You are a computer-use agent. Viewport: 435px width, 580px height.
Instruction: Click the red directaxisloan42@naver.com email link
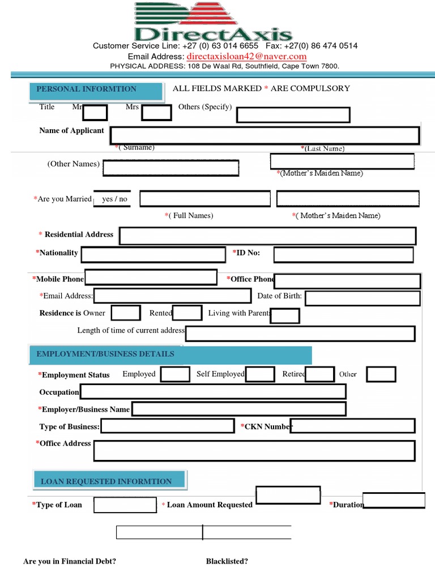(246, 57)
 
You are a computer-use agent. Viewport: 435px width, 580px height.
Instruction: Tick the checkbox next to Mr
(95, 113)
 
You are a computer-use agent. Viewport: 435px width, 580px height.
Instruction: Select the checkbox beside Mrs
(156, 113)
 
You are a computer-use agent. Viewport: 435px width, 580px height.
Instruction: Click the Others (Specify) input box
(293, 115)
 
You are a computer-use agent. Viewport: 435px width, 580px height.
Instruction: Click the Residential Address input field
(267, 236)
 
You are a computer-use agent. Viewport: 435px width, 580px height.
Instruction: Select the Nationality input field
(153, 255)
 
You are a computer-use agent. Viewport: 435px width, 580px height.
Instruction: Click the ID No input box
(344, 255)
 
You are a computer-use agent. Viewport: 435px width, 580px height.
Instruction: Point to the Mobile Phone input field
(151, 278)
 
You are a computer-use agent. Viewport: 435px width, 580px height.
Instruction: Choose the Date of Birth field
(362, 298)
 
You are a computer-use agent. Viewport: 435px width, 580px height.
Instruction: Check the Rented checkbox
(187, 313)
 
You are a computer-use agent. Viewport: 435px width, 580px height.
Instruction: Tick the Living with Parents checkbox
(285, 315)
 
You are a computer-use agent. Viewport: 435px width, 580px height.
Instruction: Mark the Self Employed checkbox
(260, 374)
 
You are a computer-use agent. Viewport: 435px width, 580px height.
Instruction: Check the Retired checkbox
(319, 374)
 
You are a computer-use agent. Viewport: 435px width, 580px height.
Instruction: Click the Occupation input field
(212, 391)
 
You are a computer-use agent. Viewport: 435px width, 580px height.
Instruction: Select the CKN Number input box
(352, 426)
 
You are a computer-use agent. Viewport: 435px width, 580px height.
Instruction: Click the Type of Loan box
(125, 505)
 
